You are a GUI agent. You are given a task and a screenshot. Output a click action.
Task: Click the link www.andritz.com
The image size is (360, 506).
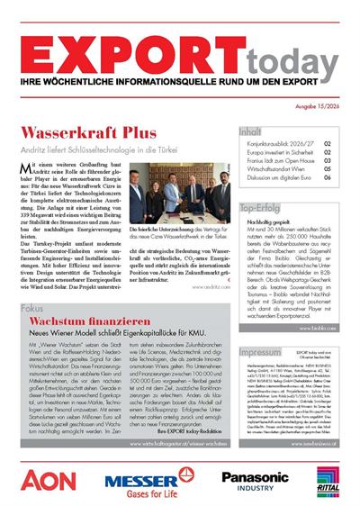210,285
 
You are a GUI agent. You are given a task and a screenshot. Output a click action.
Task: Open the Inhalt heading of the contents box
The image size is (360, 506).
252,131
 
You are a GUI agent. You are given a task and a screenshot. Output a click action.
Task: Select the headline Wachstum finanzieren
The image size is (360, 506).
77,321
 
